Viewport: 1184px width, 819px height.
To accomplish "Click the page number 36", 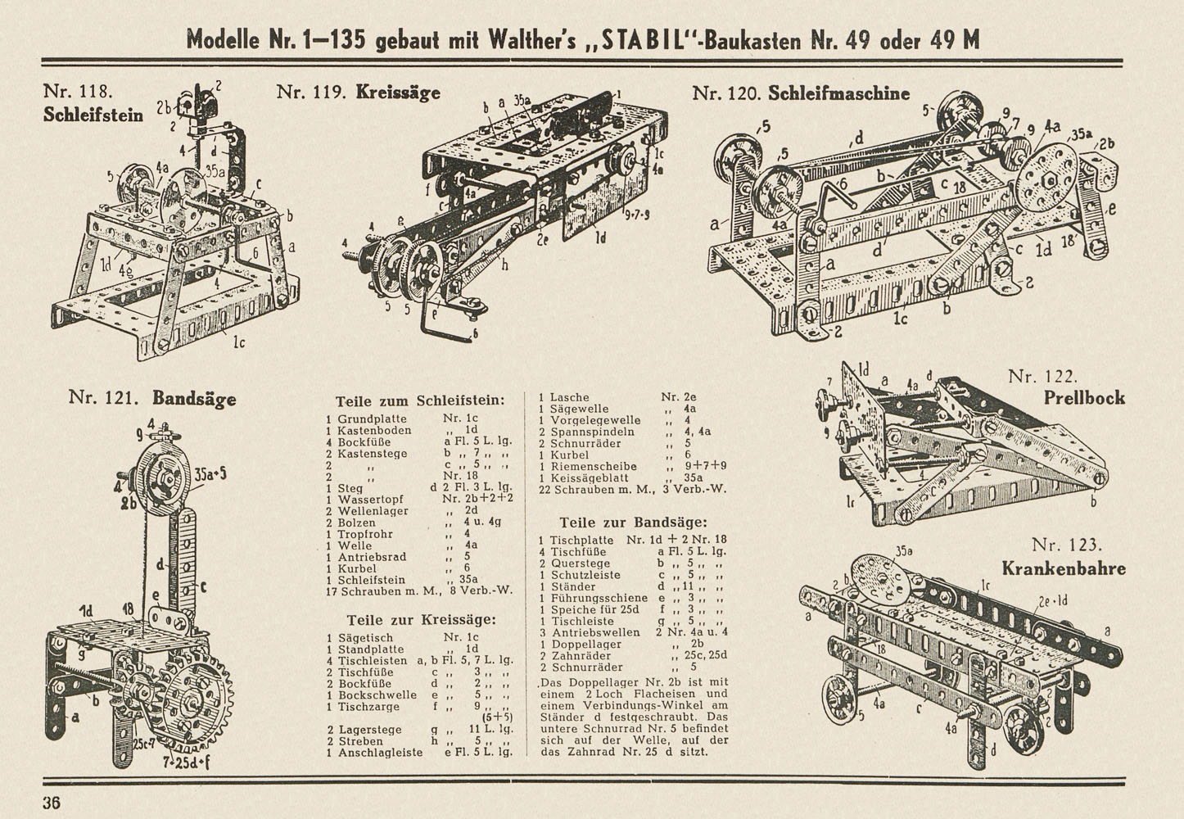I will click(x=52, y=803).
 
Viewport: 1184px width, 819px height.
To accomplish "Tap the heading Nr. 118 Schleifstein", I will click(x=93, y=103).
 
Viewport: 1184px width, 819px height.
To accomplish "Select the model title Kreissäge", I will click(x=398, y=92).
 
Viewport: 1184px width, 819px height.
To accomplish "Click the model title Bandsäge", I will click(x=194, y=399).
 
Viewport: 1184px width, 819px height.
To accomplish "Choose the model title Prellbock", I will click(x=1084, y=398).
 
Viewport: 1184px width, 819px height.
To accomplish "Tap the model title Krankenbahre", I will click(x=1063, y=568).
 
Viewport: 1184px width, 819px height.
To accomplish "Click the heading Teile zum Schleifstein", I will click(x=420, y=401).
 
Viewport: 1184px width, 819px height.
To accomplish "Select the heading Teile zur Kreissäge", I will click(x=421, y=620).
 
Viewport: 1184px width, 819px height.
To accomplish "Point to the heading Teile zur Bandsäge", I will click(x=633, y=523).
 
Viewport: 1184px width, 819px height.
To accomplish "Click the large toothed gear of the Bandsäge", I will click(x=193, y=699).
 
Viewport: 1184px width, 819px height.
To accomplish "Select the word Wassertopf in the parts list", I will click(x=365, y=499).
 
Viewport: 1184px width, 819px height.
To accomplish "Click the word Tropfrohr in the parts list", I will click(x=365, y=534).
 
